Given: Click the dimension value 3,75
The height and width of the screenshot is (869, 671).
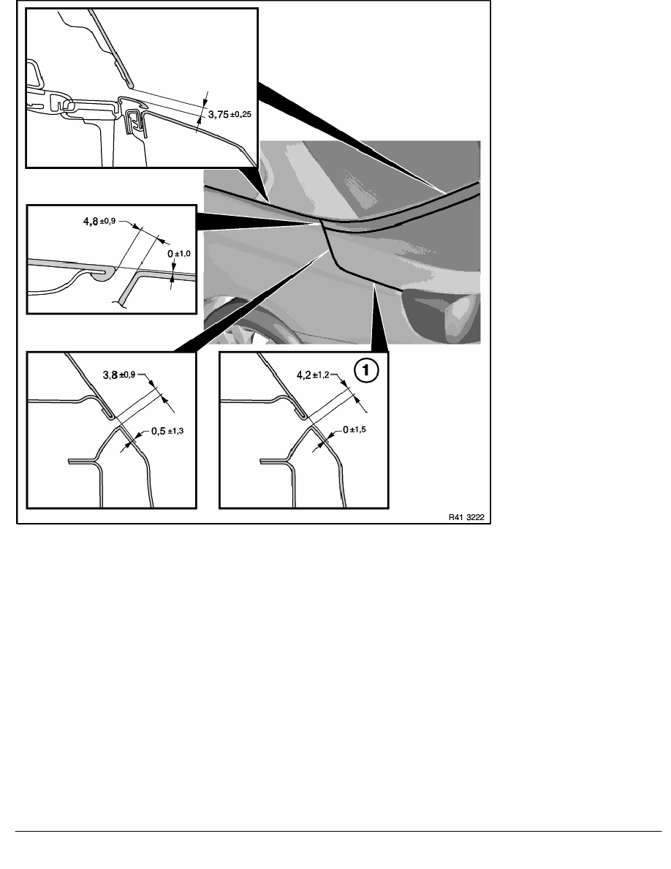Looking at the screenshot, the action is [x=218, y=115].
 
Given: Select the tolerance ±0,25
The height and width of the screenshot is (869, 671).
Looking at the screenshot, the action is [x=240, y=115].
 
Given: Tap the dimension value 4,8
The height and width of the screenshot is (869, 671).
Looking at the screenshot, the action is [x=90, y=221].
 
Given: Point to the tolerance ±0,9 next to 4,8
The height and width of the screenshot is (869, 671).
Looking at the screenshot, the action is [x=107, y=221].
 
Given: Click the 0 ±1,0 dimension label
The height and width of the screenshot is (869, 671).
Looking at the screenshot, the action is [x=179, y=253].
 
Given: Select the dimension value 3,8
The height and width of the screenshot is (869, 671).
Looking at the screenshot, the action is [x=110, y=375].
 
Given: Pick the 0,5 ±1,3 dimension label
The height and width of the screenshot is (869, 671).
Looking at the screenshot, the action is [x=167, y=431].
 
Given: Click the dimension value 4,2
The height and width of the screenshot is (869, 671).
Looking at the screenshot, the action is [x=304, y=375].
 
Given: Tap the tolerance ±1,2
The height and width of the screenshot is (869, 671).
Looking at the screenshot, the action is [x=321, y=375].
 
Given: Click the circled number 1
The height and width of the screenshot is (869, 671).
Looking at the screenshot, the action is [x=366, y=370].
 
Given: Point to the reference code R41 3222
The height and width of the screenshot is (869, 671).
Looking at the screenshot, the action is [x=466, y=517].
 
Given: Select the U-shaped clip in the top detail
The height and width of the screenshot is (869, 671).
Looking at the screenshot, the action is [x=136, y=123].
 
